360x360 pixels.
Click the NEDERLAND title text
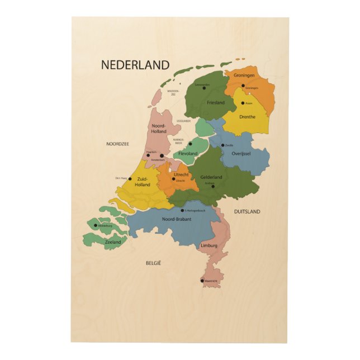click(x=135, y=65)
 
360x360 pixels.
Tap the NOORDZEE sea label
click(x=117, y=144)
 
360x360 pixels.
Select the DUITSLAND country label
click(x=247, y=212)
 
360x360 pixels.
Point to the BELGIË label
click(x=153, y=262)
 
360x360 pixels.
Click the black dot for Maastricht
click(x=202, y=281)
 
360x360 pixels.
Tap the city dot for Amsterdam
click(x=162, y=156)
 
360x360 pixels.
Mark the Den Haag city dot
click(x=132, y=178)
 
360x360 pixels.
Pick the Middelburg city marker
click(x=96, y=226)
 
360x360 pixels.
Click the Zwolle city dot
click(x=222, y=145)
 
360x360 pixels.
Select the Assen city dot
click(x=243, y=103)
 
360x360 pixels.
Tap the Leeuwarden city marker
click(x=196, y=85)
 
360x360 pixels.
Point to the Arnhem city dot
click(x=213, y=186)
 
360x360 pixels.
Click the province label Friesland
click(x=215, y=103)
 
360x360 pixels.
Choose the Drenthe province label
click(x=247, y=117)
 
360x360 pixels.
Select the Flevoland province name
click(x=188, y=153)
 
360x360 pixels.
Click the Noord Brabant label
click(x=176, y=219)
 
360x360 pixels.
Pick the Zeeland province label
click(x=113, y=243)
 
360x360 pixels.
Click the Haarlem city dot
click(x=148, y=155)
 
